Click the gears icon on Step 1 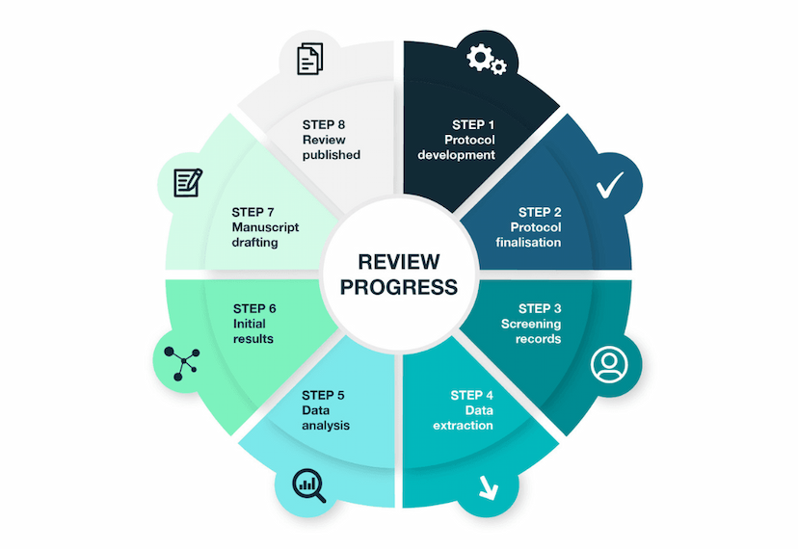coord(487,59)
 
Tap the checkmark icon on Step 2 coord(610,185)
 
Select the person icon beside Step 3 coord(609,364)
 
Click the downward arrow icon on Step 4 coord(488,487)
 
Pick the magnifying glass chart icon coord(309,485)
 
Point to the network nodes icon coord(182,363)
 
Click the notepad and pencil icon coord(188,183)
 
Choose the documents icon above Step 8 coord(310,59)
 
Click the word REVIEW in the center coord(398,262)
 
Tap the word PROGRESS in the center coord(398,287)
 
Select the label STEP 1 coord(473,124)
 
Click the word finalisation coord(528,242)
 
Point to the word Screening coord(531,325)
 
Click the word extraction coord(463,426)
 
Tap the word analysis coord(326,426)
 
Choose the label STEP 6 coord(254,309)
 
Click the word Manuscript coord(265,227)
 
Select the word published coord(332,155)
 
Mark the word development coord(456,155)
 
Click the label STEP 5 coord(323,395)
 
